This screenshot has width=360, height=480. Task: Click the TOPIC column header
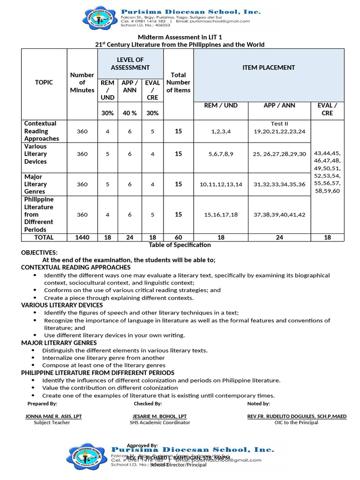pos(44,82)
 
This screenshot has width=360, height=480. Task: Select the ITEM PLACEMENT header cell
pos(269,67)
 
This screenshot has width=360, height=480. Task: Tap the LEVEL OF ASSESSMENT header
pos(130,64)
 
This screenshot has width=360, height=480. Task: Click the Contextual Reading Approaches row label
pos(41,131)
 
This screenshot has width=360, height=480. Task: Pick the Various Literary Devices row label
pos(36,154)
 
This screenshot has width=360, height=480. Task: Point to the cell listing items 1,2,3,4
pos(221,132)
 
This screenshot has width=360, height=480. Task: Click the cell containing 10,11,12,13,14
pos(221,184)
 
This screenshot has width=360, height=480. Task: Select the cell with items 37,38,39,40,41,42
pos(279,215)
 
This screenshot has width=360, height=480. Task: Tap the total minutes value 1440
pos(82,238)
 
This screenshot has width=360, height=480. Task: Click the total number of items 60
pos(178,238)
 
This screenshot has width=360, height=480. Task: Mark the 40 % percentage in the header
pos(129,113)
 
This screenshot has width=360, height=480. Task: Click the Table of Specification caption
pos(180,245)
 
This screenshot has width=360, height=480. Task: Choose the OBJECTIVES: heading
pos(39,253)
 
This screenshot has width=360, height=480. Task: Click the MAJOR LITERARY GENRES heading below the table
pos(59,343)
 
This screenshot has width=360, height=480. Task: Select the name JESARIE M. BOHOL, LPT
pos(160,416)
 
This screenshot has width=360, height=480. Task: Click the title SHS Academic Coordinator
pos(160,423)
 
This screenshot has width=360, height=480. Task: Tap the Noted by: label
pos(258,404)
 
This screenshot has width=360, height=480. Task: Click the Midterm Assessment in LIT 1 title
pos(180,37)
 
